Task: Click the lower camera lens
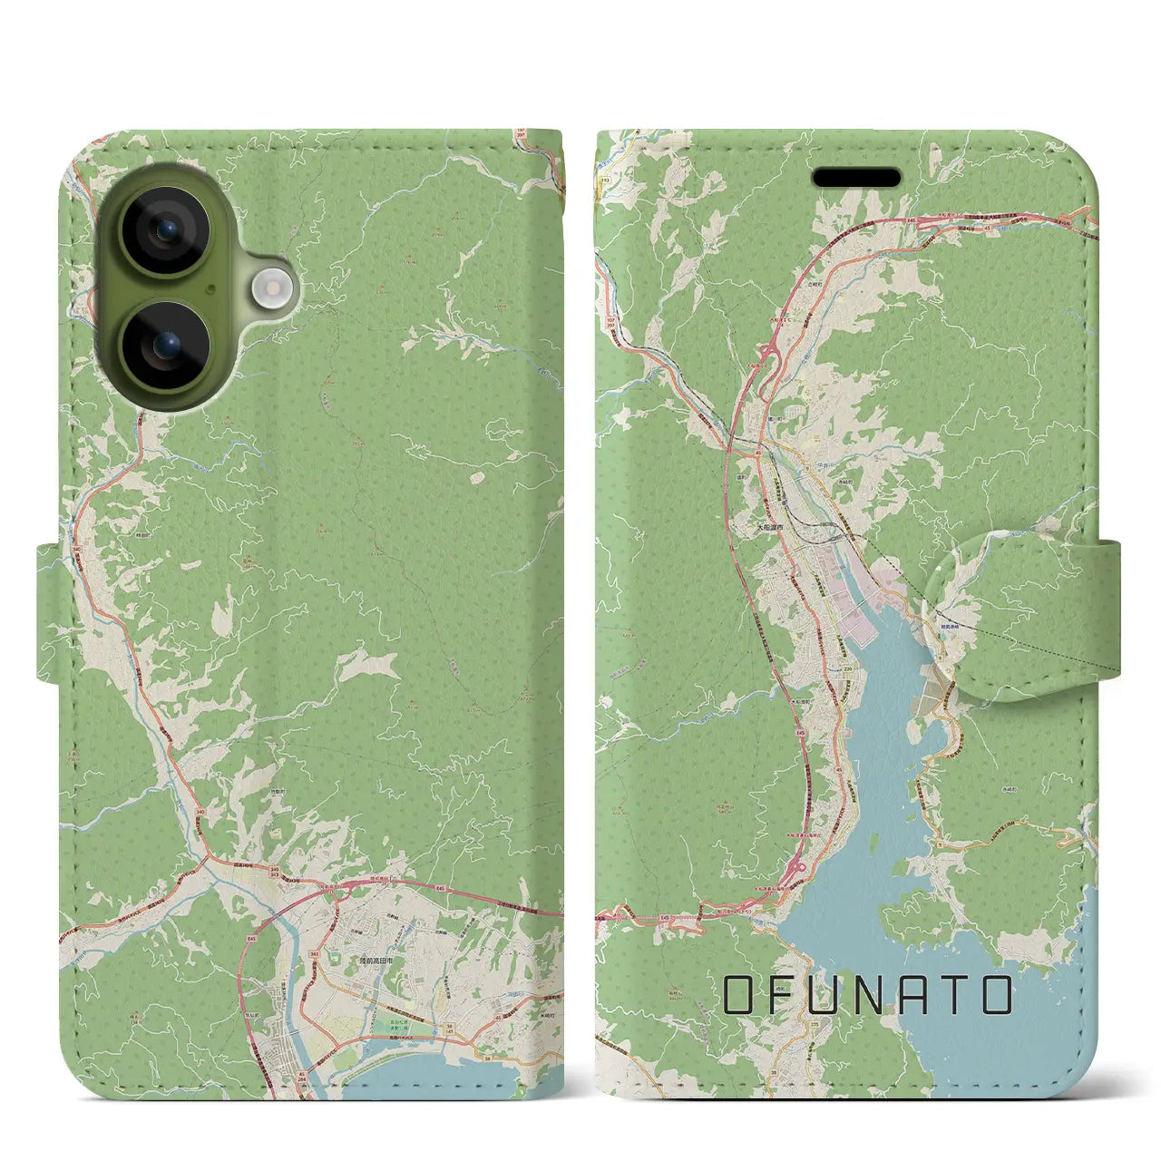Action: pos(166,345)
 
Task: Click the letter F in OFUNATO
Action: pos(785,996)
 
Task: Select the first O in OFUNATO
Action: pos(740,996)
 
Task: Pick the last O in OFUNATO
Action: pos(996,996)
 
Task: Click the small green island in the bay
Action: pos(872,849)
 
